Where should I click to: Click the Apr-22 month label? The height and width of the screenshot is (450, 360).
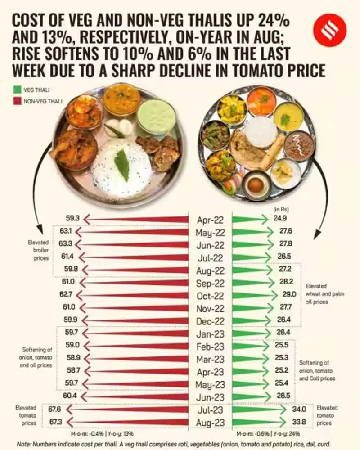(x=210, y=220)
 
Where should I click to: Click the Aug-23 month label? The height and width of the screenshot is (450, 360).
(x=210, y=422)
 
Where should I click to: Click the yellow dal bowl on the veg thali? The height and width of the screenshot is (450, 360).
(x=288, y=117)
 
